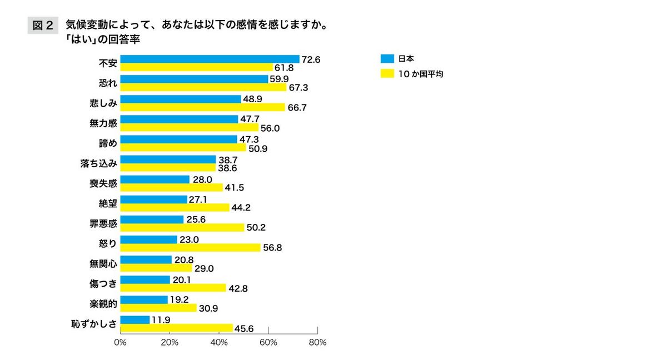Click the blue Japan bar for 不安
click(x=210, y=59)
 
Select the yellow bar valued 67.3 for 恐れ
click(x=203, y=87)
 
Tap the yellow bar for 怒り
click(x=190, y=248)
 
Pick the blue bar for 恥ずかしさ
click(x=135, y=319)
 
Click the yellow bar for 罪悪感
click(x=182, y=228)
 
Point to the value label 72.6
click(x=311, y=59)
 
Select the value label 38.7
click(x=227, y=159)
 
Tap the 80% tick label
click(x=317, y=342)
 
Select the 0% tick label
click(x=120, y=342)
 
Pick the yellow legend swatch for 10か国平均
click(x=387, y=73)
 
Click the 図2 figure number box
click(x=43, y=26)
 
